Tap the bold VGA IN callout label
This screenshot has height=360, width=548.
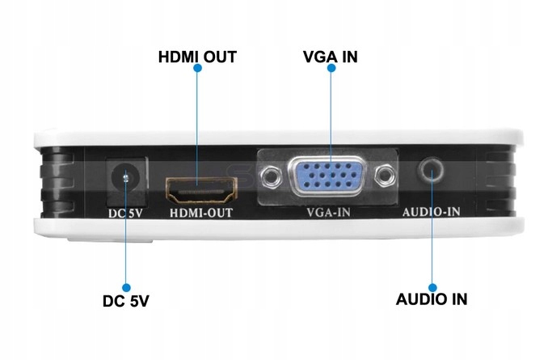330,57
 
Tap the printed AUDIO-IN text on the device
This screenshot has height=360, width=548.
431,213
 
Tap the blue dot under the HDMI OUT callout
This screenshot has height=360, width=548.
196,70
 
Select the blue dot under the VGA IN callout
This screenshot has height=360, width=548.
331,70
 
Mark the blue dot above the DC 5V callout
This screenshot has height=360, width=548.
125,286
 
